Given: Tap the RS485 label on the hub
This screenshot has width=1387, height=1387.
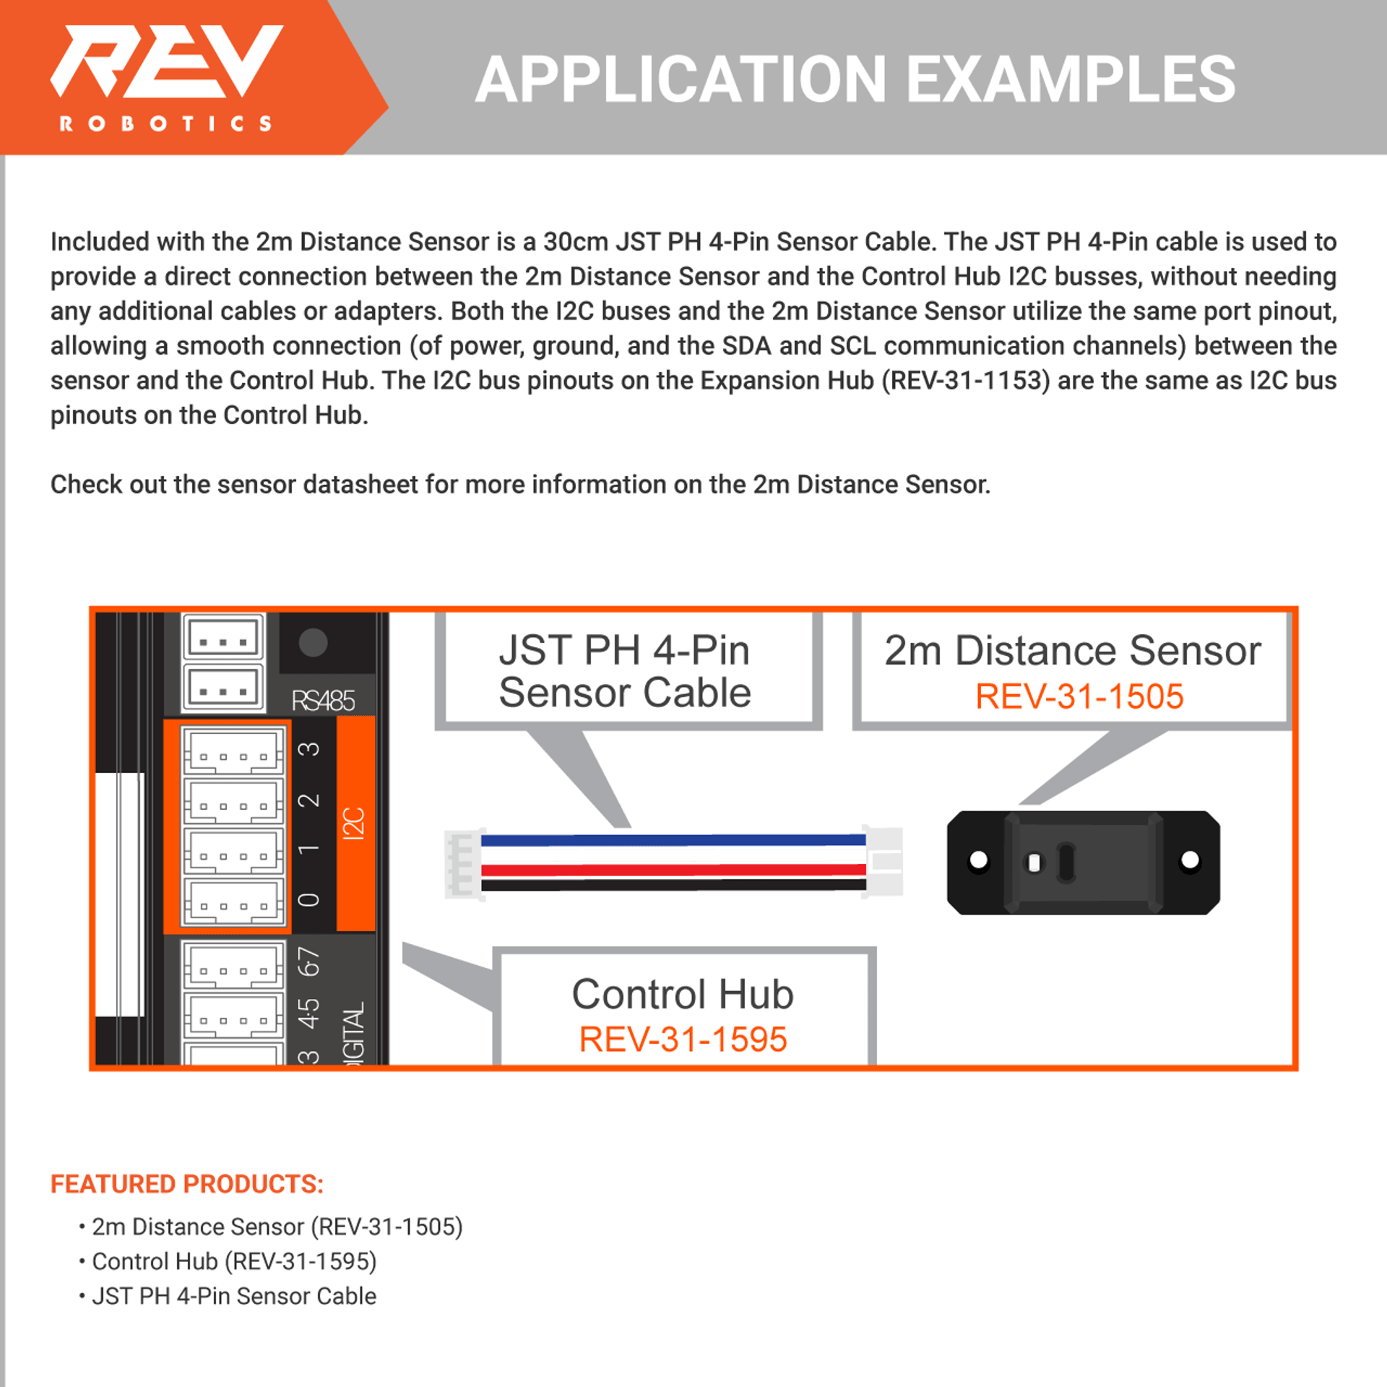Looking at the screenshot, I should coord(323,701).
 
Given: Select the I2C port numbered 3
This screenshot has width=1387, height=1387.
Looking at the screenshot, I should coord(233,752).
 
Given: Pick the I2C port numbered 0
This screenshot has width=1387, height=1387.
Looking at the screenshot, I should coord(233,901).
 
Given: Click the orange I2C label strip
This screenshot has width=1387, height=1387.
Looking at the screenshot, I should coord(355,824).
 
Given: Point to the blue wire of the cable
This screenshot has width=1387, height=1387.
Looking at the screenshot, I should coord(673,840).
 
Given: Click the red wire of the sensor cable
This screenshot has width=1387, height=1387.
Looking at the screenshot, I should coord(673,870).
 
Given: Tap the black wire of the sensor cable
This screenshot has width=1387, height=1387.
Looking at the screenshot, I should coord(673,885).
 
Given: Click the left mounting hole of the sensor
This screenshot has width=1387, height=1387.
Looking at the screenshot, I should coord(979,860).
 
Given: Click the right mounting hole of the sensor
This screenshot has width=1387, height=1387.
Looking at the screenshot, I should coord(1190,860).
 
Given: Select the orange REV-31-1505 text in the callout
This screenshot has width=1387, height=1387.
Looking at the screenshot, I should coord(1079,697).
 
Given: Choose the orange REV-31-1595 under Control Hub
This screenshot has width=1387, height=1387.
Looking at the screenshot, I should coord(683,1040).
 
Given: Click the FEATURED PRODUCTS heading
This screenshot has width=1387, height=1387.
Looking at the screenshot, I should coord(187,1184).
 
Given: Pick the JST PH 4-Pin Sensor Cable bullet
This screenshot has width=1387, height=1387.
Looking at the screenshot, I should coord(233,1296).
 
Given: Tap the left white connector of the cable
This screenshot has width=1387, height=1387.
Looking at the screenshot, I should coord(462,864).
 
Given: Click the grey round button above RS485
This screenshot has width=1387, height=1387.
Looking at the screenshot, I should coord(313,642).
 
